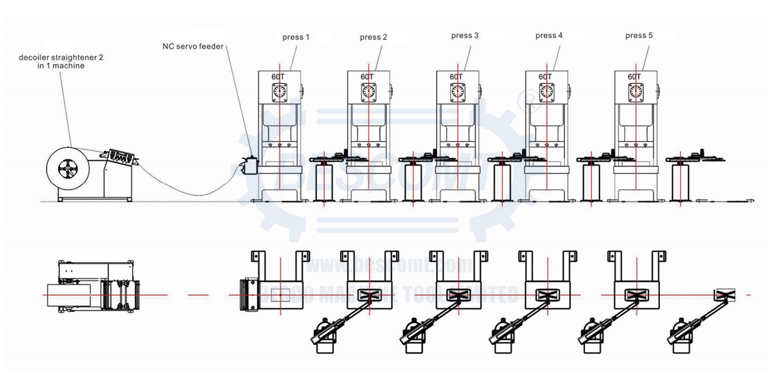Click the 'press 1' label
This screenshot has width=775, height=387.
coord(296,37)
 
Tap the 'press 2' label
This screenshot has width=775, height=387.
coord(373,37)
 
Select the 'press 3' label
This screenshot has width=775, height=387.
coord(465,35)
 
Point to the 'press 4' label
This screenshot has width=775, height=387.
coord(549,35)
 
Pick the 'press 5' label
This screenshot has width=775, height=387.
coord(639,35)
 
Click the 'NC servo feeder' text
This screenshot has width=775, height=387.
coord(193,46)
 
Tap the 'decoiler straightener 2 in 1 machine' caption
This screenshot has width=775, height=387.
coord(61,61)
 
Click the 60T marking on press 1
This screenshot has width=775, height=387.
coord(278,77)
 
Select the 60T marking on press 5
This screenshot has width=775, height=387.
coord(635,77)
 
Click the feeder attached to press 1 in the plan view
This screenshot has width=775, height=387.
coord(248,296)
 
